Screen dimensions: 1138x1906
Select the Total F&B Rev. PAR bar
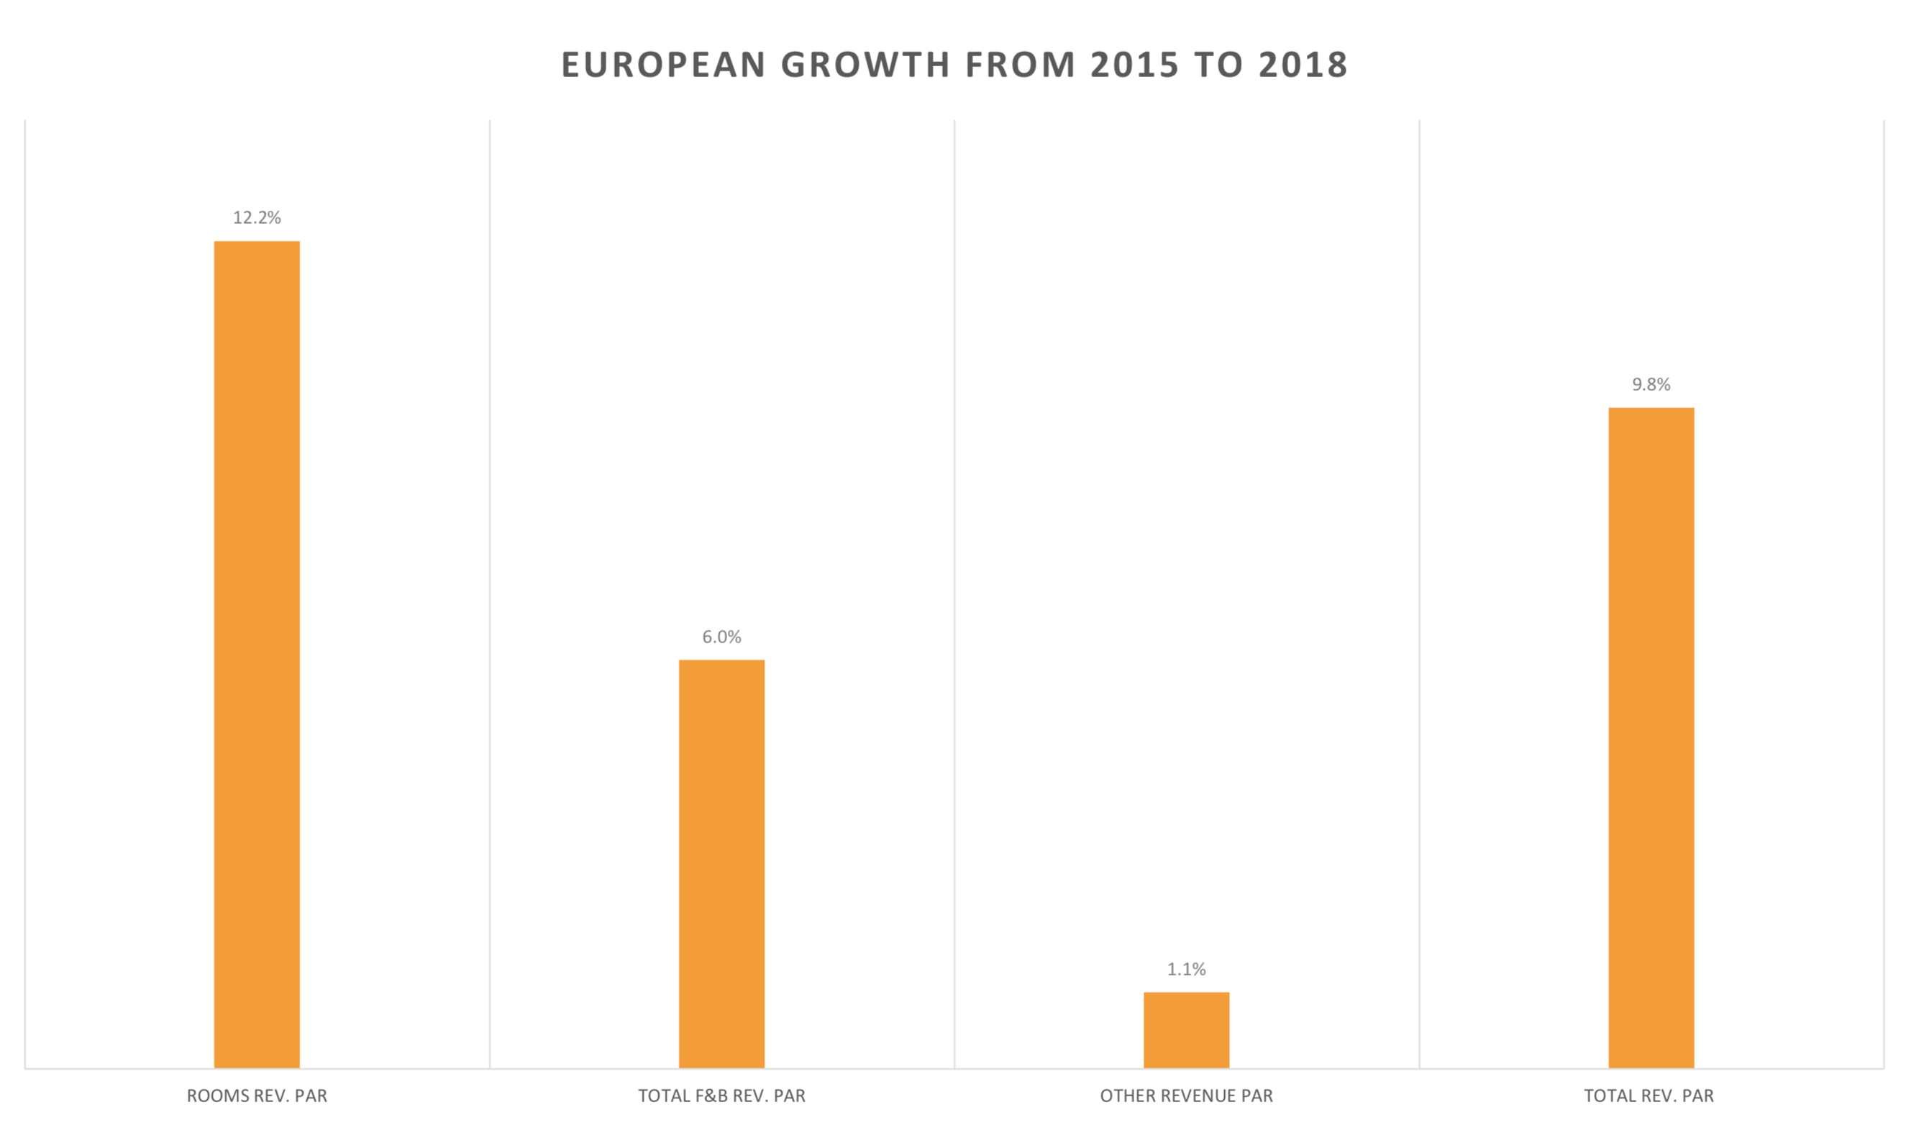point(721,863)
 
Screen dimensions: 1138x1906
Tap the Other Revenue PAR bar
point(1186,1030)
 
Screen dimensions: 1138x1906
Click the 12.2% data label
point(257,218)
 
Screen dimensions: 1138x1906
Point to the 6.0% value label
point(721,637)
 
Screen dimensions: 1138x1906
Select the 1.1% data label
point(1186,969)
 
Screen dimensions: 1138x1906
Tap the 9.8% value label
point(1651,384)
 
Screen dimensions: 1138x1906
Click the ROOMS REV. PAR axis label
point(257,1096)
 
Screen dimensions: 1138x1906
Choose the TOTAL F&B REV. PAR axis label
point(721,1096)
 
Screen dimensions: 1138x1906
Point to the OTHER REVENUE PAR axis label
point(1186,1096)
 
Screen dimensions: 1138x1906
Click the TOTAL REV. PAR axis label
point(1649,1096)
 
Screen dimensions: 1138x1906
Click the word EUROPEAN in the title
point(663,65)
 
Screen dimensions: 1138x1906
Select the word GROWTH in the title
point(865,65)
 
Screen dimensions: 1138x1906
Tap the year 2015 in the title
point(1135,65)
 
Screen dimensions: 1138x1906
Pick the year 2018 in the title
point(1303,65)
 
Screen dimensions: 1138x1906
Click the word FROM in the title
point(1021,65)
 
